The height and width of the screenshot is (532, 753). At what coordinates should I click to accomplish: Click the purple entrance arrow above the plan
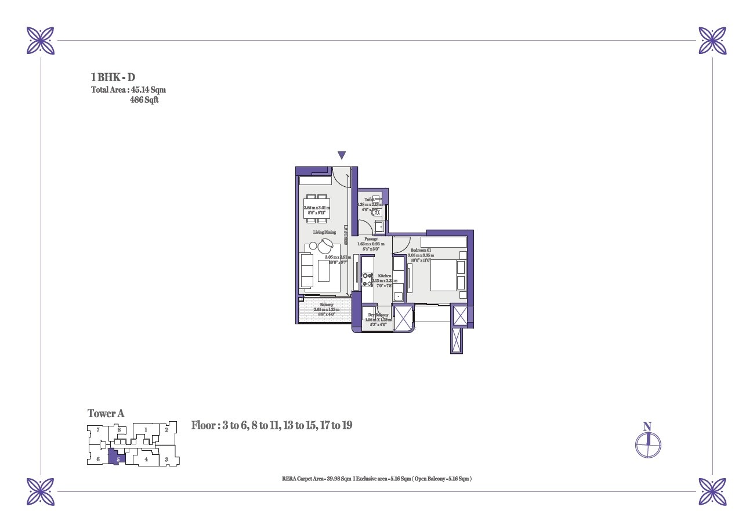pos(342,155)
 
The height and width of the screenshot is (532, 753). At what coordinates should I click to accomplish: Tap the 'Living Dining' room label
pos(325,233)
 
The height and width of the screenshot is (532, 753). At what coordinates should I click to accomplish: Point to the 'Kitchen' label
pos(385,276)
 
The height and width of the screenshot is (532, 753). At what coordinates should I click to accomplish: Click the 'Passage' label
pos(371,239)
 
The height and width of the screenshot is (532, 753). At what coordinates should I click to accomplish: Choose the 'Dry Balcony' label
pos(378,315)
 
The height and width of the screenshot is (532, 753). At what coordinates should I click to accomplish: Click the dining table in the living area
pos(317,208)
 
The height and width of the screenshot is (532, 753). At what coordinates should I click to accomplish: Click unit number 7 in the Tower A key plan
pos(98,430)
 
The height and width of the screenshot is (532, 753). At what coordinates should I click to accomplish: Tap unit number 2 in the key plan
pos(166,430)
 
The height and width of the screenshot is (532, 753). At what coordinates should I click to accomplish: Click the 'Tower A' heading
pos(106,414)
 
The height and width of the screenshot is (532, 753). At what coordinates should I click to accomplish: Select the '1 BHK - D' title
pos(113,77)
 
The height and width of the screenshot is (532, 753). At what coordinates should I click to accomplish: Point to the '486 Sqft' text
pos(144,100)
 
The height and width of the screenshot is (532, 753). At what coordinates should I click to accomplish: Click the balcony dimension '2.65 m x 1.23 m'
pos(326,310)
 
